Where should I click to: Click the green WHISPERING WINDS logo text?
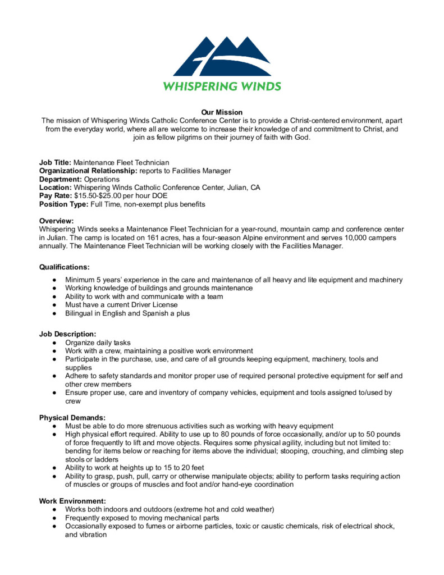tap(222, 86)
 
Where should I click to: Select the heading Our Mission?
tap(222, 112)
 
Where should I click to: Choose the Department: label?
tap(60, 179)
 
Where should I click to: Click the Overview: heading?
tap(56, 221)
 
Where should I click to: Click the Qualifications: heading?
tap(64, 267)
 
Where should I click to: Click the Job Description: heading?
tap(67, 334)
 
